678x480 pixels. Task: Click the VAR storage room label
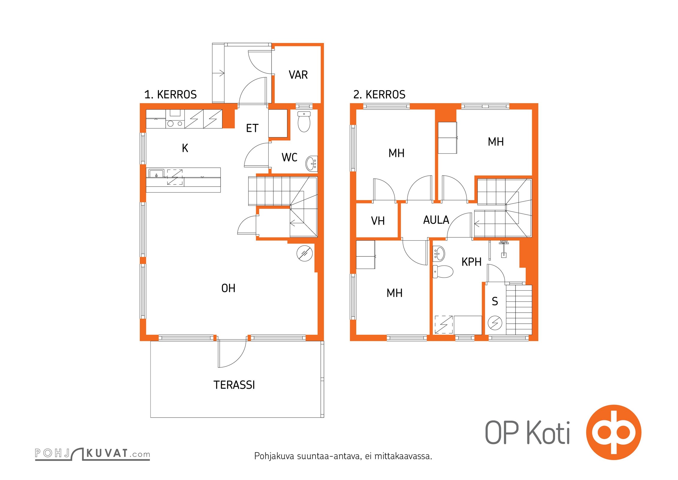click(x=298, y=75)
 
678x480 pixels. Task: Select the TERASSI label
click(x=234, y=385)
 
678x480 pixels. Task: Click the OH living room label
click(x=228, y=288)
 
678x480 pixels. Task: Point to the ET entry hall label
click(x=252, y=128)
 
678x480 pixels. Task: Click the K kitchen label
click(x=185, y=148)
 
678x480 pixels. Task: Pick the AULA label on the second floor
click(x=436, y=220)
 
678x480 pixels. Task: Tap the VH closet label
click(x=378, y=221)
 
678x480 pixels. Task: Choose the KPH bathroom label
click(x=471, y=262)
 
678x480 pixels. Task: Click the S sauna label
click(x=495, y=301)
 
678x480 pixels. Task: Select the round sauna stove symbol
click(x=495, y=323)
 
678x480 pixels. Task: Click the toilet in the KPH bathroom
click(x=443, y=271)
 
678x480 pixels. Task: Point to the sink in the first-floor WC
click(x=312, y=163)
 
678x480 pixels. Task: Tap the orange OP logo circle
click(x=614, y=432)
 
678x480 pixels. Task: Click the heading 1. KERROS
click(x=170, y=94)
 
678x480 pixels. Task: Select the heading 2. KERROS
click(x=379, y=94)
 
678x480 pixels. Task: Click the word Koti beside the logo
click(x=549, y=433)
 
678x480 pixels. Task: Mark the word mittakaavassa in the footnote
click(x=403, y=456)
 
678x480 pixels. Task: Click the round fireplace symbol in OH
click(x=305, y=253)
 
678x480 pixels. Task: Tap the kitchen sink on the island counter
click(x=156, y=174)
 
